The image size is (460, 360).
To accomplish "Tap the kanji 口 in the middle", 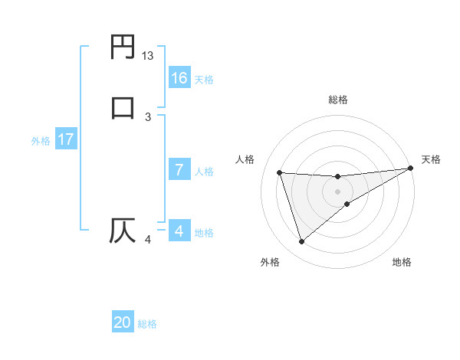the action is coord(123,106).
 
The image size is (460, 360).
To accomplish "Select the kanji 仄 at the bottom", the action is coord(123,230).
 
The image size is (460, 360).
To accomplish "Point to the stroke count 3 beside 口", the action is coord(148,116).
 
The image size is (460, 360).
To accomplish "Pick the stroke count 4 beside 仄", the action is coord(148,241).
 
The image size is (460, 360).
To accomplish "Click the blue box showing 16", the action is coord(179,78).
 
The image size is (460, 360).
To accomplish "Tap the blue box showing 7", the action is coord(179,170).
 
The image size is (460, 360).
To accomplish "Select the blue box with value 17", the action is coord(65,139).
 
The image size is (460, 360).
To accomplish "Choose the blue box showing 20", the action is coord(123,322).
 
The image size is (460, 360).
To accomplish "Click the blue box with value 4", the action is coord(179,231).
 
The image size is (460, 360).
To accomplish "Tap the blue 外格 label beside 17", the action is coord(41,140).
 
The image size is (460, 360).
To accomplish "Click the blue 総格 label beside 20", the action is coord(147,324).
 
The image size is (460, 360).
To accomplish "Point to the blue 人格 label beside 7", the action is coord(205,172).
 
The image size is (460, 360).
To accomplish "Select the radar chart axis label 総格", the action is coord(338,100).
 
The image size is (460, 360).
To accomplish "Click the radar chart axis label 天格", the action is coord(431,159).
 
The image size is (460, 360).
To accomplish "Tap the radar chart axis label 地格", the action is coord(402,262).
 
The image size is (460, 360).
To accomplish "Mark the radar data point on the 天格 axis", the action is coord(411,169).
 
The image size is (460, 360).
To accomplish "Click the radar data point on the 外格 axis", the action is coord(301,242).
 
